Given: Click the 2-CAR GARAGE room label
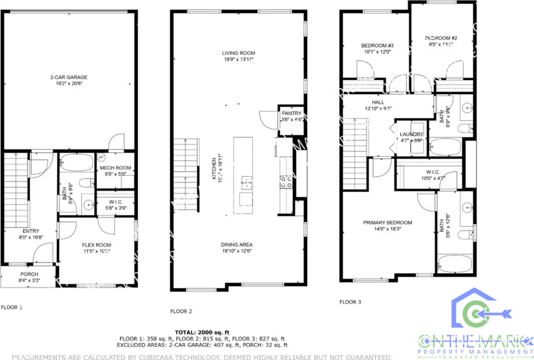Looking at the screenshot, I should point(69,77).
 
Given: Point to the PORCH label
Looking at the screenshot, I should point(29,273).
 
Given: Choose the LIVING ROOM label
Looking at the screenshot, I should point(239,53).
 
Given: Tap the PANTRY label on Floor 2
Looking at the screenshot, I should point(291,113).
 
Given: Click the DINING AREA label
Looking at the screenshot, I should point(237,244).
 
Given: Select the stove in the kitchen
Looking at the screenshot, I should point(286,182).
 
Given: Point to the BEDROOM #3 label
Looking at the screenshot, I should point(377,46).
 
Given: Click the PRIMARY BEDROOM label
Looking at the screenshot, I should point(388,222).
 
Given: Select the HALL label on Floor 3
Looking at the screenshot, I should point(378,102).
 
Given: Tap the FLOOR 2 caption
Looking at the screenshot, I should point(181,311).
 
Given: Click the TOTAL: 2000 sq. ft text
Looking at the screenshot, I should point(202,332).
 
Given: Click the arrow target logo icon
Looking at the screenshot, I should point(482,312).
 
